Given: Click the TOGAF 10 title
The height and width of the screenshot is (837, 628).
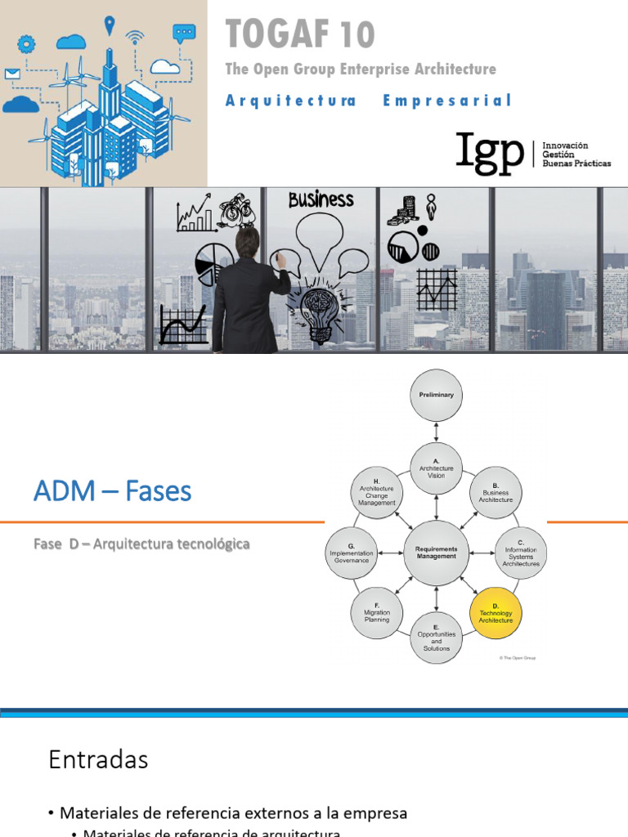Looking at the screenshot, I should [300, 34].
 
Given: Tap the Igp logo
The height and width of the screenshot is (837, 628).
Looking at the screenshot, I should [490, 153].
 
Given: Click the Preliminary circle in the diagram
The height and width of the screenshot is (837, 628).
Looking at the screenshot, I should [437, 395].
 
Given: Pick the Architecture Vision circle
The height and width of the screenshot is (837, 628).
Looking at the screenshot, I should [437, 469].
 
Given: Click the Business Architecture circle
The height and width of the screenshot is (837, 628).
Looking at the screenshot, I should [496, 493].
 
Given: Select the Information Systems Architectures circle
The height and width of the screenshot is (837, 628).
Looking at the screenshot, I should [521, 554].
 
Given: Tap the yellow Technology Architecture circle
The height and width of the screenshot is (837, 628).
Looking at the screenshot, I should [496, 614].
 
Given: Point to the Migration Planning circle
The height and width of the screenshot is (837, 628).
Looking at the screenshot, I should [377, 614].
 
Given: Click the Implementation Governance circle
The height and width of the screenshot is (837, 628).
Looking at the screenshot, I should [352, 553].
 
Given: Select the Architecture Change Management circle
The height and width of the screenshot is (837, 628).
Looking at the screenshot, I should [377, 493].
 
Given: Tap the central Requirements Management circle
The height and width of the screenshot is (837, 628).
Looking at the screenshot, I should [437, 553].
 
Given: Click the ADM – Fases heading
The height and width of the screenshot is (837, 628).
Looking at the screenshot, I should [112, 491].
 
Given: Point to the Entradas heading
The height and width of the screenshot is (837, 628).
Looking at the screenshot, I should [98, 760].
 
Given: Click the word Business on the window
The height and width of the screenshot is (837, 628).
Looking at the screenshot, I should [321, 199].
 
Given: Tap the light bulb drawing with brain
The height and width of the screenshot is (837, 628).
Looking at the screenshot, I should [317, 310].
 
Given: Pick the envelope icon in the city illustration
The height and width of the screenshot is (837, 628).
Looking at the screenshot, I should [11, 74].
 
